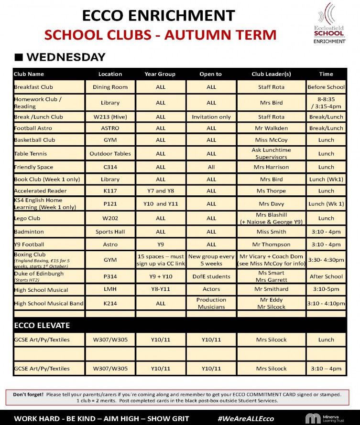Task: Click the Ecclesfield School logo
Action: [x=329, y=23]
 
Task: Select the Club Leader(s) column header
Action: [x=271, y=74]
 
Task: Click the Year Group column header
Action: [x=160, y=74]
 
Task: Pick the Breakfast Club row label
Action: [x=33, y=87]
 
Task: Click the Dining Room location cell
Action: [x=110, y=87]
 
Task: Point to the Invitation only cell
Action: [x=211, y=117]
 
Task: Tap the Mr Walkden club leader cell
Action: [x=271, y=128]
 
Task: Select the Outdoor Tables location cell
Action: [x=110, y=153]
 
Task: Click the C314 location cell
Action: [x=110, y=167]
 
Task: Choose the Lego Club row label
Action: [x=27, y=218]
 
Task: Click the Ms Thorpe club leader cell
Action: [x=271, y=191]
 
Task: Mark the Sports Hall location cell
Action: [x=110, y=232]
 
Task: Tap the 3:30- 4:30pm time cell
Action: [x=326, y=260]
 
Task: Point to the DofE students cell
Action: [x=211, y=276]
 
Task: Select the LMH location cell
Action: [x=110, y=289]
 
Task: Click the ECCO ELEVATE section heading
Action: [x=42, y=325]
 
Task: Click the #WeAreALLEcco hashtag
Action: [x=246, y=418]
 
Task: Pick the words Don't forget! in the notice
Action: [x=28, y=394]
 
